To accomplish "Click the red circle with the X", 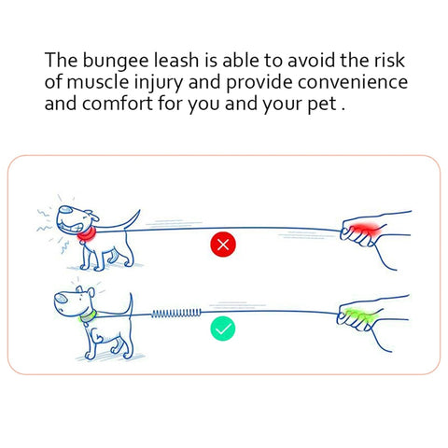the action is pos(223,245).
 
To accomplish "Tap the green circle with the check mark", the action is pos(223,329).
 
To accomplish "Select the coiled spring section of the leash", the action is pos(176,313).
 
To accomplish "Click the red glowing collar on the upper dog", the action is pos(87,235).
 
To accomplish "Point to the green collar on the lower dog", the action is pos(88,317).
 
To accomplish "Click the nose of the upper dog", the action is pos(65,209).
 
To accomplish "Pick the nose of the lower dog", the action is pos(61,298).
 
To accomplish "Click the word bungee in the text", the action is pos(116,61).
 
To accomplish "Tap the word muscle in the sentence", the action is pos(97,82).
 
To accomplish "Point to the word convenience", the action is pos(353,82).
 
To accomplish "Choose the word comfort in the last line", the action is pos(118,104).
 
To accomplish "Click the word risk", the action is pos(389,60).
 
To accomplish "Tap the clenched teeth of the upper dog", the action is pos(70,226).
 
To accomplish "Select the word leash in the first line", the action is pos(176,60).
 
